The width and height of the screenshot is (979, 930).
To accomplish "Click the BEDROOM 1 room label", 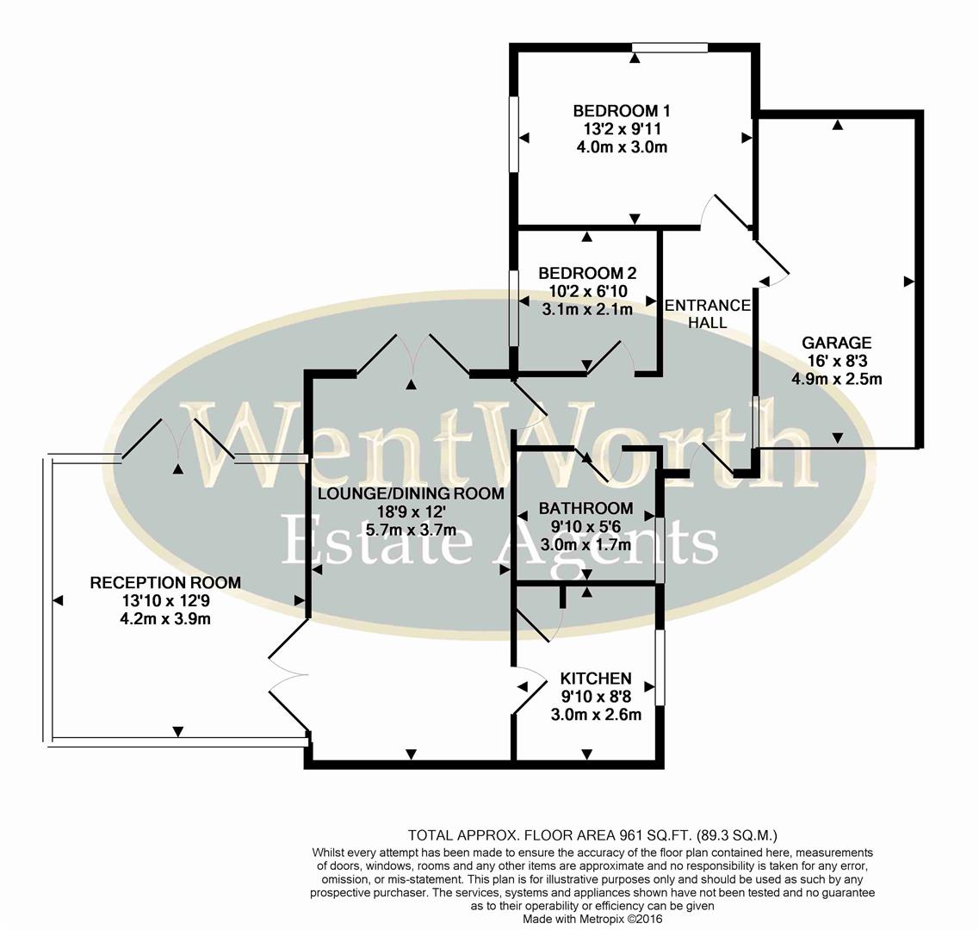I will coord(622,111).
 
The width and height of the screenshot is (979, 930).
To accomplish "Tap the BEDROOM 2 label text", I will coord(587,274).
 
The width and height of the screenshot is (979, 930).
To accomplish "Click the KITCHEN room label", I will coord(596,679).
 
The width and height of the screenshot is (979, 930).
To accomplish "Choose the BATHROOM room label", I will coord(586,509).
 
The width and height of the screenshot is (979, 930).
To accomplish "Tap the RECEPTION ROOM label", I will coord(165,583).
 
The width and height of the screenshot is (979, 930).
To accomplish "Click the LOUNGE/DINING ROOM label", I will coord(411,493).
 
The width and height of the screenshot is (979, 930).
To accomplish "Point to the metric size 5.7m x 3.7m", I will coord(411,530).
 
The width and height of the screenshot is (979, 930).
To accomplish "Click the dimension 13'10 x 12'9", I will coord(165,601).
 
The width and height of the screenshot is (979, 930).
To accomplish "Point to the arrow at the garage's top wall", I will coord(837,126).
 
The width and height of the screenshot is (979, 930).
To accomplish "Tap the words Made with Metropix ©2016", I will coord(593,919).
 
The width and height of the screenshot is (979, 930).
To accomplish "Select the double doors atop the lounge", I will coord(412,355).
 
